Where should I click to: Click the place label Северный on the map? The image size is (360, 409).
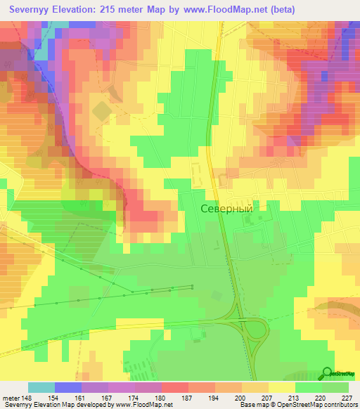226,208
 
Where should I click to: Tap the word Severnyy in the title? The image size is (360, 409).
31,10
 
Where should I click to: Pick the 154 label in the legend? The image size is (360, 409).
61,398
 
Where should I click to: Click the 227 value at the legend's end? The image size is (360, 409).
347,398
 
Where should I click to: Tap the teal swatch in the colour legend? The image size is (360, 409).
41,387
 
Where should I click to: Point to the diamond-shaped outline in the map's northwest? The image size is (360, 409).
102,111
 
